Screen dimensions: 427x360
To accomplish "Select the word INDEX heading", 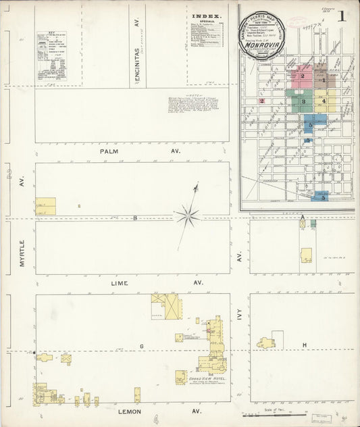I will (206, 16).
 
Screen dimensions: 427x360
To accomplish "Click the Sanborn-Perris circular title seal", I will (263, 34).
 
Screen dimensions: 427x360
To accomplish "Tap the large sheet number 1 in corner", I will (344, 16).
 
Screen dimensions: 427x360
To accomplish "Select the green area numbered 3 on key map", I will (304, 102).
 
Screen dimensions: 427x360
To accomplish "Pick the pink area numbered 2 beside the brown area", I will (303, 76).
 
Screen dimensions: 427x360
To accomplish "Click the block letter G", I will (142, 346).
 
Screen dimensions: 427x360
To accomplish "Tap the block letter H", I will (305, 345).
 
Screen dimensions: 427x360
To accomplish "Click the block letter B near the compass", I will (134, 218).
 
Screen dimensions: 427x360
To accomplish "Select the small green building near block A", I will (313, 222).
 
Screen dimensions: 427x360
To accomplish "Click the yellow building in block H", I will (265, 343).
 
